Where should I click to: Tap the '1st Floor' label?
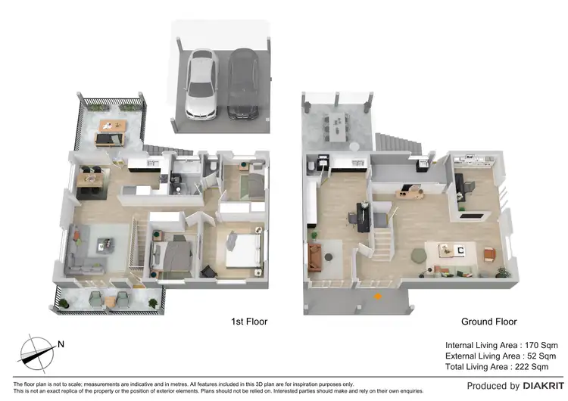[x=249, y=322]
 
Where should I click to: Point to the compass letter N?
[x=61, y=344]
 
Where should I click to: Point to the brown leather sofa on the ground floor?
[x=314, y=256]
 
